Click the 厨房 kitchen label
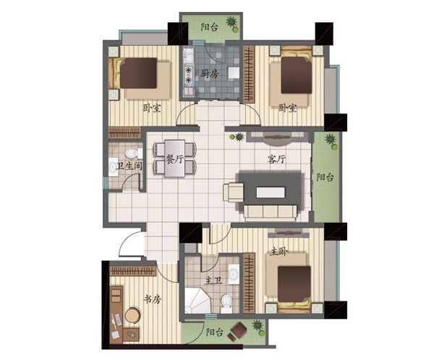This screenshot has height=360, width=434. click(x=210, y=74)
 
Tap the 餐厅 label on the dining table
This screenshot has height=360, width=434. click(x=174, y=159)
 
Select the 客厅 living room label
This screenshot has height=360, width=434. click(x=276, y=159)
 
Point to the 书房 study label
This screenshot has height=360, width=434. click(x=152, y=299)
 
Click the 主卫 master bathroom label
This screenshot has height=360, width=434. click(x=213, y=281)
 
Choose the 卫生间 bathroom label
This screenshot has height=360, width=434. click(x=129, y=166)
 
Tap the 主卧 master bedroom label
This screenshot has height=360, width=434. click(x=279, y=252)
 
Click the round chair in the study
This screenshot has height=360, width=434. click(x=132, y=315)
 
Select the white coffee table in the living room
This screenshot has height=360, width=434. click(x=271, y=192)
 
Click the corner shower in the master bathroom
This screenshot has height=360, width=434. click(x=197, y=301)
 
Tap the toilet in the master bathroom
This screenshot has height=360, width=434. click(x=226, y=304)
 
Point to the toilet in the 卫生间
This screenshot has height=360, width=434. click(x=133, y=153)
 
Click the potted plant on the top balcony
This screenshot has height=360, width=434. click(x=232, y=24)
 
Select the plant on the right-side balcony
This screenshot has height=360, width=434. click(x=331, y=141)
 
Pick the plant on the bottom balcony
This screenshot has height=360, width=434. click(x=258, y=328)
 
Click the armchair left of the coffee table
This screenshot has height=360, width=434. click(x=234, y=192)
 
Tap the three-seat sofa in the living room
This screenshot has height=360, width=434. click(x=271, y=213)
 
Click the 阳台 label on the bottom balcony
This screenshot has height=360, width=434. click(x=215, y=332)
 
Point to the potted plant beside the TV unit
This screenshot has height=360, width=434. click(x=238, y=137)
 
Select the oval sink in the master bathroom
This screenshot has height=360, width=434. click(x=234, y=274)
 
